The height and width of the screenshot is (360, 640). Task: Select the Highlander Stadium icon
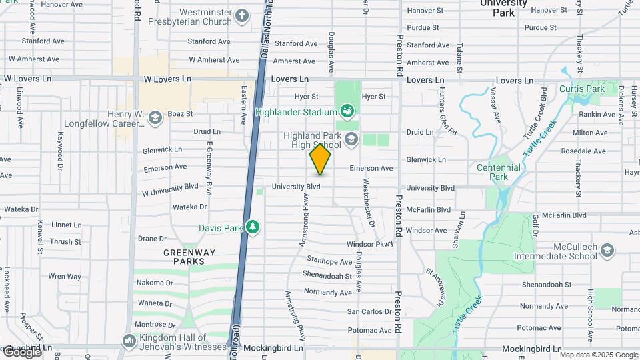click(x=347, y=110)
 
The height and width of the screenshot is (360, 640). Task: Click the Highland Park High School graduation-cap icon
click(x=351, y=139)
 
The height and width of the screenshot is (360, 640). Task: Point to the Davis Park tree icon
click(x=253, y=227)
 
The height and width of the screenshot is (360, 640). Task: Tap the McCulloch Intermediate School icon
click(x=607, y=251)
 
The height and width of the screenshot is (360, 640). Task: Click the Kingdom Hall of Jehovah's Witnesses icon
click(x=129, y=339)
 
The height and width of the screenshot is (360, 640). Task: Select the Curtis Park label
click(x=582, y=89)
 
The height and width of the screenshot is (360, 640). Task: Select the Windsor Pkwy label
click(x=371, y=245)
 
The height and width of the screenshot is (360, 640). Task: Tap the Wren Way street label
click(x=65, y=276)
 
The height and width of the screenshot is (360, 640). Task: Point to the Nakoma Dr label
click(x=155, y=283)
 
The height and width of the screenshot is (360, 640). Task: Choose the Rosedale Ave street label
click(x=583, y=151)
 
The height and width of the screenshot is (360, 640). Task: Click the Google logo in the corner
click(x=21, y=351)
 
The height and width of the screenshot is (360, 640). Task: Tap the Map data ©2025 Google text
click(x=599, y=355)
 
